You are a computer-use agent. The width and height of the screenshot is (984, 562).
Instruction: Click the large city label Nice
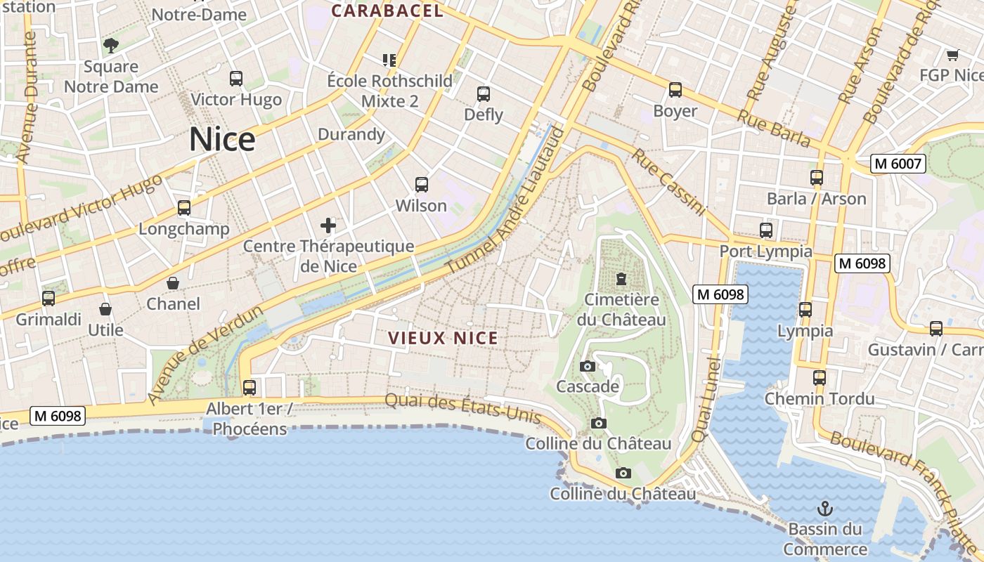[222, 139]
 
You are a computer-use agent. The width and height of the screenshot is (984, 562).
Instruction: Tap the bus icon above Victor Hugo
[236, 79]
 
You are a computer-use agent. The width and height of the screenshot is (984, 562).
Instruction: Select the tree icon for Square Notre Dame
[110, 46]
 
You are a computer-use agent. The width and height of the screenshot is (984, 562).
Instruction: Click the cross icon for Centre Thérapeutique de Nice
[328, 226]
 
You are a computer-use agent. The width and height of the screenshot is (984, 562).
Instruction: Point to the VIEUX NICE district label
[444, 338]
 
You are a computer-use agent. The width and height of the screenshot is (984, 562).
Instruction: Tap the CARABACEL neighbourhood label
[387, 11]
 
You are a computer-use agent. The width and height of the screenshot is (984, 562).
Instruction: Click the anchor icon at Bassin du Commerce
[825, 508]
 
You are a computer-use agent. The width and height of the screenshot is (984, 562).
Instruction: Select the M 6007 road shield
[898, 164]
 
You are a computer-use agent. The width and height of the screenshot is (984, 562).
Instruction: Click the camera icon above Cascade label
[588, 366]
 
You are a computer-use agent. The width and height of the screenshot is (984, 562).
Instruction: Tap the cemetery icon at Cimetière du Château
[621, 280]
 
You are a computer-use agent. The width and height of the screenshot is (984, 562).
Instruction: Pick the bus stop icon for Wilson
[422, 185]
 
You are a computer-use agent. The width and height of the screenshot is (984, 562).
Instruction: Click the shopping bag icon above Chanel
[173, 283]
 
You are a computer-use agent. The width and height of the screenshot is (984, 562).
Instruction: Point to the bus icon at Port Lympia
[766, 230]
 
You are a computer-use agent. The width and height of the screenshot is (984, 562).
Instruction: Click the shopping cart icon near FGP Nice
[952, 55]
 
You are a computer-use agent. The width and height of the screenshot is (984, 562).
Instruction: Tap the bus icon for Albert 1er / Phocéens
[250, 387]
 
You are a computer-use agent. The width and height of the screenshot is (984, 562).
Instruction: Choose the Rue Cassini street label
[668, 181]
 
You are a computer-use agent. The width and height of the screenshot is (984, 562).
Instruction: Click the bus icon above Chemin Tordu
[820, 378]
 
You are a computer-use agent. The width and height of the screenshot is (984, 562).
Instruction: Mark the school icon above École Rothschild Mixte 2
[389, 60]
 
